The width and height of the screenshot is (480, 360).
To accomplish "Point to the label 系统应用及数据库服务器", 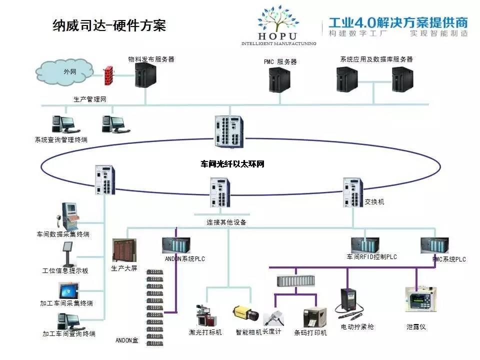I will tap(376, 59).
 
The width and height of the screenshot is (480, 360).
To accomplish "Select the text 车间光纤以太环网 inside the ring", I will tap(232, 164).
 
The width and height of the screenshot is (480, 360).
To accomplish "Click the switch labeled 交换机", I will tap(353, 192).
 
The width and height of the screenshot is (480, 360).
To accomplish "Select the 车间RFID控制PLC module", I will tap(365, 244).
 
